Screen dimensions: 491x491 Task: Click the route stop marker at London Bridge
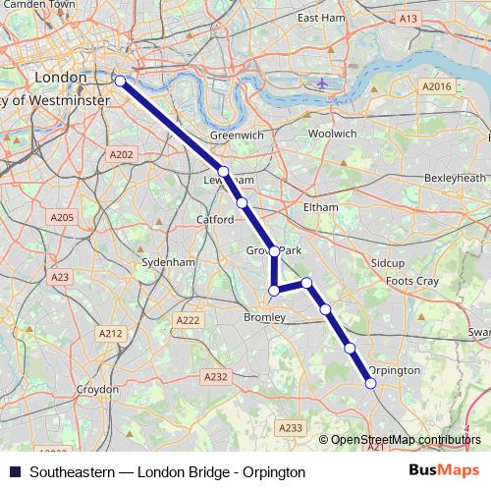120,82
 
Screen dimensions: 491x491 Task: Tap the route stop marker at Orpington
371,383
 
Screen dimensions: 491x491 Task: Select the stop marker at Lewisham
224,172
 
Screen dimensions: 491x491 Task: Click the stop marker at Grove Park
275,251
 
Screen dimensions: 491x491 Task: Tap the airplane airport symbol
324,82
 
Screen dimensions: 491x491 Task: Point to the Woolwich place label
332,133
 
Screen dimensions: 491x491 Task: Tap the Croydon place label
97,390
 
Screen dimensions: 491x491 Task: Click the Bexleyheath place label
455,178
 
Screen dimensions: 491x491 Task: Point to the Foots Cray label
412,282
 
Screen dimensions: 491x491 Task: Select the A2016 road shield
435,87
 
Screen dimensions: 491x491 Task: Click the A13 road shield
409,19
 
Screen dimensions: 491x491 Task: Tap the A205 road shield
62,217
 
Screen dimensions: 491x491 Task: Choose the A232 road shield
215,376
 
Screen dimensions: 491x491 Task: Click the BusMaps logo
444,471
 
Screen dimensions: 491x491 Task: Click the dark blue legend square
14,472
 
